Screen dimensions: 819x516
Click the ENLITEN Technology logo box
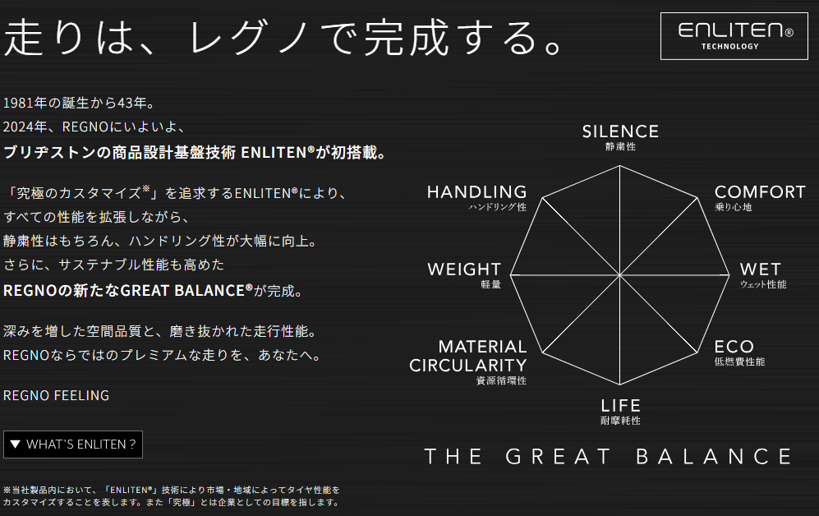coord(734,36)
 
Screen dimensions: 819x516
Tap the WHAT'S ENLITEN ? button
coord(73,445)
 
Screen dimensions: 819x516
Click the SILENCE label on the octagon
coord(620,131)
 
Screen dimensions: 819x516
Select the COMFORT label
coord(760,192)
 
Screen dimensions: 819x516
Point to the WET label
coord(760,270)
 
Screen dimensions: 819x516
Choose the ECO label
coord(734,347)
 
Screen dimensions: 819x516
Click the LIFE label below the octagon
coord(620,406)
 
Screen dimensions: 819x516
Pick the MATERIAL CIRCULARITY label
coord(468,356)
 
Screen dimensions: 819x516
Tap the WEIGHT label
coord(464,270)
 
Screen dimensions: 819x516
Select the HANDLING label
coord(477,192)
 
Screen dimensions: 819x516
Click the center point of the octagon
coord(620,274)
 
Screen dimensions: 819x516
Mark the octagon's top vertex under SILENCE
coord(620,165)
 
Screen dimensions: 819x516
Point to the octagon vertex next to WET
coord(729,274)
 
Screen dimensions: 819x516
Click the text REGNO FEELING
coord(57,395)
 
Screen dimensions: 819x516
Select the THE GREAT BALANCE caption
coord(609,457)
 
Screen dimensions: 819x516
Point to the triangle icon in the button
coord(15,445)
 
